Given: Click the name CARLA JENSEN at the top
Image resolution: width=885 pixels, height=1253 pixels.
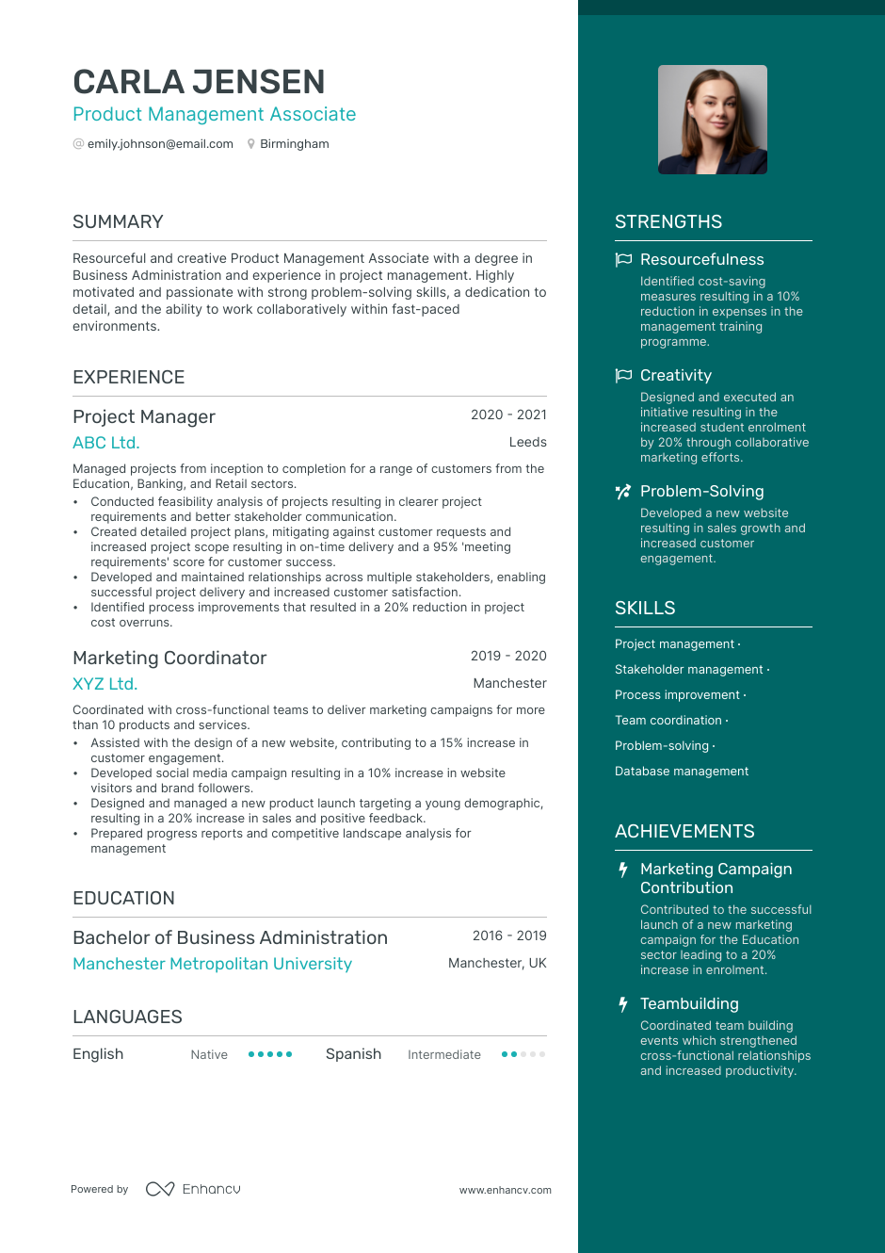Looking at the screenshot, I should click(x=199, y=83).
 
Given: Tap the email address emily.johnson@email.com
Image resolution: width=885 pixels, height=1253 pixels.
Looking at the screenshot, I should click(x=160, y=144).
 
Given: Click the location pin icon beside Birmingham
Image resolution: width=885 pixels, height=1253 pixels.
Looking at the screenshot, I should click(x=251, y=144).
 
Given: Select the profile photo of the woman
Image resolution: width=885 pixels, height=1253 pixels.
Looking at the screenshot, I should click(x=712, y=120).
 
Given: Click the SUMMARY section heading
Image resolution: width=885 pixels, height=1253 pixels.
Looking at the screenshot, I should click(x=118, y=222).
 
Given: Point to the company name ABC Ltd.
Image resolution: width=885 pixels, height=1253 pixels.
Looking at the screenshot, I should click(x=105, y=443).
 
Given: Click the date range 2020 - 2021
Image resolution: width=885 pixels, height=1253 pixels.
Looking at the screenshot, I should click(x=508, y=415).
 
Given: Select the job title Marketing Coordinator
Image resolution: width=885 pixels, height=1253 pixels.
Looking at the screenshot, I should click(x=169, y=658).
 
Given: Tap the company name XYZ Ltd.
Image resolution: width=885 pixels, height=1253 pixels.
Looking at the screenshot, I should click(x=105, y=684).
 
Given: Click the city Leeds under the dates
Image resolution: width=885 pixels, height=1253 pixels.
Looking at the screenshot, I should click(x=527, y=442).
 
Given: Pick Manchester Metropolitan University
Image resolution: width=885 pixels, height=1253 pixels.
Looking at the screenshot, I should click(x=212, y=964).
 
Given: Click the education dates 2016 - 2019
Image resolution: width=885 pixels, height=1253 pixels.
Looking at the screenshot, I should click(x=509, y=936).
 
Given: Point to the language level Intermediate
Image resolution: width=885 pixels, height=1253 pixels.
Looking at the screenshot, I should click(x=443, y=1055).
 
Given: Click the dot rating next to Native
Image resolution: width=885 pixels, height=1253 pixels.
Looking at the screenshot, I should click(x=270, y=1054).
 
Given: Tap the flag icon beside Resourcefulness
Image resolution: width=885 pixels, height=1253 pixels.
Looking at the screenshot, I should click(x=623, y=259).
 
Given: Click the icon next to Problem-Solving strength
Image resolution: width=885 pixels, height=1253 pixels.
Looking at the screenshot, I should click(x=623, y=491).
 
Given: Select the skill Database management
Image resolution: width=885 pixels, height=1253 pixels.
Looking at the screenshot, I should click(x=682, y=772).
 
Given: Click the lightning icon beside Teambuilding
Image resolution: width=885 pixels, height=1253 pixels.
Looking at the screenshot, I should click(x=623, y=1004).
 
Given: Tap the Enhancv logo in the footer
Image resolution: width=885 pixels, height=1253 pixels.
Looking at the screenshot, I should click(x=193, y=1189).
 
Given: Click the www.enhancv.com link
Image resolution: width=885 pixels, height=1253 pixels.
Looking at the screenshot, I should click(x=505, y=1190).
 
